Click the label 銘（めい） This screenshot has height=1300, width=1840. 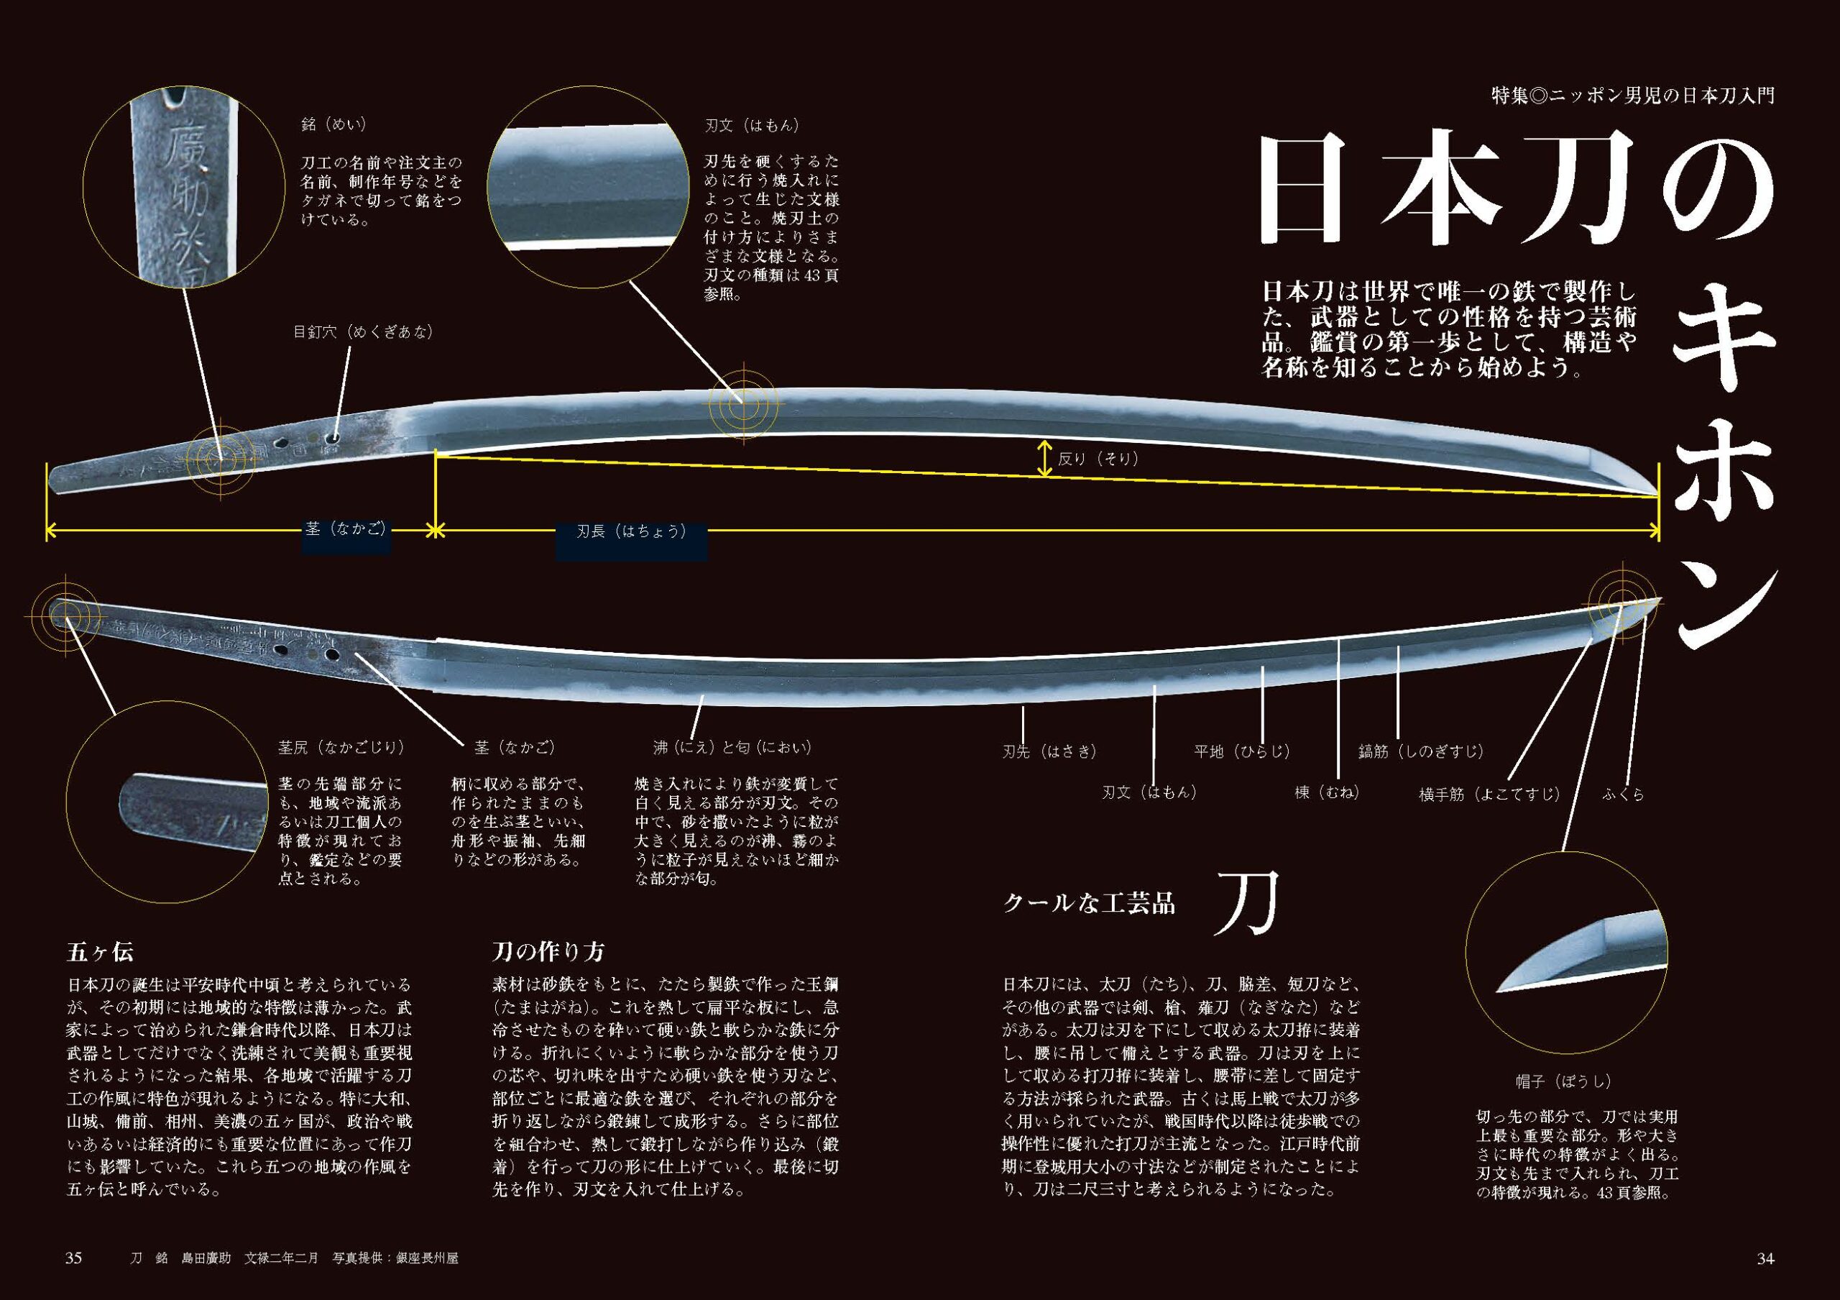334,126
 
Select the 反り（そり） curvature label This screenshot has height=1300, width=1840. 1098,459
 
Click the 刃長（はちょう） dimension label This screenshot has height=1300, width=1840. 632,531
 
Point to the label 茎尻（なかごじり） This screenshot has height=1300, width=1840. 341,747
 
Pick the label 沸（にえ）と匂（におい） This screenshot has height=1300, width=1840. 732,747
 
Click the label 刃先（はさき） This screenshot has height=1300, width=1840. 1049,752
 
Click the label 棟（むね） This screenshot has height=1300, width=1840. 1327,792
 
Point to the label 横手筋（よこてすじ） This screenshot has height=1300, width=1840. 1490,795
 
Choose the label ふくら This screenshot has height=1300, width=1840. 1624,795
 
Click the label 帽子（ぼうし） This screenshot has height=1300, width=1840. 1563,1081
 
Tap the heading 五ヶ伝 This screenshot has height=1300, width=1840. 100,952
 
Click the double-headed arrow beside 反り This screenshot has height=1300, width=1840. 1044,459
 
